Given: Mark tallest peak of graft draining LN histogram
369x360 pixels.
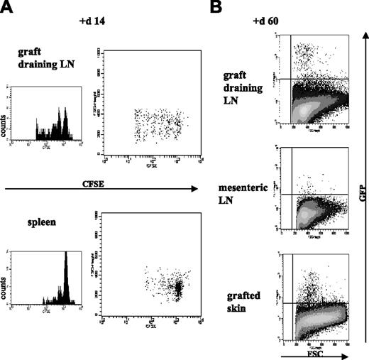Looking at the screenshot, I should pyautogui.click(x=65, y=108).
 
